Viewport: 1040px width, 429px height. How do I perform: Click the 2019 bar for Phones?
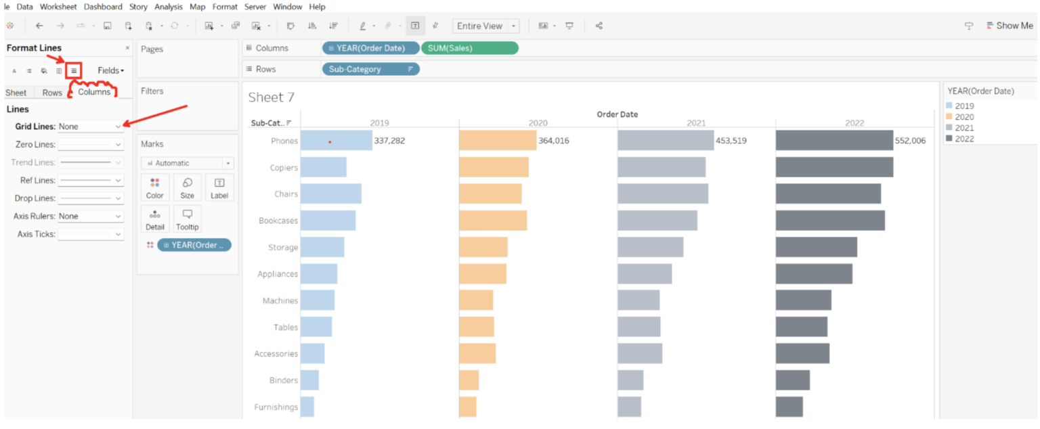[x=336, y=141]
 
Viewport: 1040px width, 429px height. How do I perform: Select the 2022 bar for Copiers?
[x=834, y=167]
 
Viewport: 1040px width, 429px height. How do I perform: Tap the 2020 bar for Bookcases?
[x=492, y=221]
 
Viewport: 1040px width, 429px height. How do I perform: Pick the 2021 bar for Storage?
[x=650, y=247]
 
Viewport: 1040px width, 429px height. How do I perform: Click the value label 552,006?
[x=910, y=141]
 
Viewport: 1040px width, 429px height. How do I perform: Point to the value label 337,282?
[x=389, y=141]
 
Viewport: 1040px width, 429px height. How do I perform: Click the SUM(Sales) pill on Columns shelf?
[x=469, y=48]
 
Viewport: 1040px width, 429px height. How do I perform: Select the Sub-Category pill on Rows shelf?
[x=370, y=69]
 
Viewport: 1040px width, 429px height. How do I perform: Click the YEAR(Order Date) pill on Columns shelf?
[x=370, y=48]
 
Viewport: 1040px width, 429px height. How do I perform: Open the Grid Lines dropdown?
[x=90, y=127]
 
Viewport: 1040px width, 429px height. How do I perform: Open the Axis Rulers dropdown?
[x=90, y=217]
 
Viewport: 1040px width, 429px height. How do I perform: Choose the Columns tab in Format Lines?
[x=94, y=92]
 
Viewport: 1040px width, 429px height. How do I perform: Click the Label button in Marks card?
[x=219, y=187]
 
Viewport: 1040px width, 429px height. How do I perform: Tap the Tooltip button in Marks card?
[x=187, y=219]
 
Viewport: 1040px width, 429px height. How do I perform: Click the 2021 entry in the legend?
[x=964, y=128]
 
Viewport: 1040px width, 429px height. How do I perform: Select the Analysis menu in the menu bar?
[x=168, y=7]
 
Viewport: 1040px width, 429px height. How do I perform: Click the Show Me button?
[x=1010, y=26]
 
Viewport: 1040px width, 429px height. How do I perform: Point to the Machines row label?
[x=280, y=300]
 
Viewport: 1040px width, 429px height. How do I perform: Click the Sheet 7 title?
[x=271, y=97]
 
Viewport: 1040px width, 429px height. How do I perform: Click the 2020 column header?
[x=538, y=123]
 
